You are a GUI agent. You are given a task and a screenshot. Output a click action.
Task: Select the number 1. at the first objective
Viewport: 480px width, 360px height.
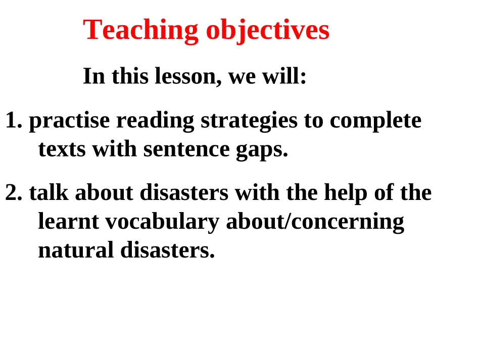(x=14, y=121)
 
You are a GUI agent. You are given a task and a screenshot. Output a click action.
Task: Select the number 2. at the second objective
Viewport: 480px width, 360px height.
(x=14, y=193)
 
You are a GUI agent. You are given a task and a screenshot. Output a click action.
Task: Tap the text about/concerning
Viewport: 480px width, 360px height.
(x=315, y=222)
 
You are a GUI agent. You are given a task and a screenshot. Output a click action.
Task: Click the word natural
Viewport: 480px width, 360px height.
(x=76, y=250)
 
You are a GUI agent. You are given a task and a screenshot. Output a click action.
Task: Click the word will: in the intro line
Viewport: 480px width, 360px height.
(x=287, y=77)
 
